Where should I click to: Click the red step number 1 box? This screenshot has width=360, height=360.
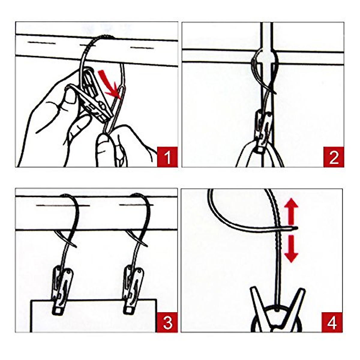[167, 157]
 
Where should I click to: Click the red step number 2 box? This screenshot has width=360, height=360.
[333, 157]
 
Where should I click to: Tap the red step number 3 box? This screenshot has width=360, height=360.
[167, 323]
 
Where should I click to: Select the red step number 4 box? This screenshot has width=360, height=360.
[332, 322]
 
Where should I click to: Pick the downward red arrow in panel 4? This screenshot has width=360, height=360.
[291, 249]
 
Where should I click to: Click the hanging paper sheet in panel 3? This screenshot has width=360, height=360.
[93, 316]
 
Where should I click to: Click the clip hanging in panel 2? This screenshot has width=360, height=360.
[263, 129]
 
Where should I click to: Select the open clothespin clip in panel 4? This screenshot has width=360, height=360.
[277, 309]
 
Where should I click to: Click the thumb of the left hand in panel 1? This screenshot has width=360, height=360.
[70, 96]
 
